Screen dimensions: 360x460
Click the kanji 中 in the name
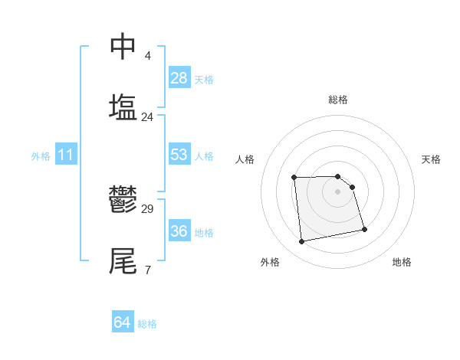coord(123,47)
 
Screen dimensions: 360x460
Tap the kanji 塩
coord(123,106)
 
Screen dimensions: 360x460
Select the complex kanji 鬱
coord(123,200)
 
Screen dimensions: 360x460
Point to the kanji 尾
coord(123,260)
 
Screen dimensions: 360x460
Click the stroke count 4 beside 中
coord(148,56)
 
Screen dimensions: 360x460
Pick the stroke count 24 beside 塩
coord(148,117)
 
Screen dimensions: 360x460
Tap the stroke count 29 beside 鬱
coord(148,209)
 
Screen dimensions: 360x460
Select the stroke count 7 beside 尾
coord(148,270)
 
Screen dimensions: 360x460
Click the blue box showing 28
coord(179,78)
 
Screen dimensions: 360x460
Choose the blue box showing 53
coord(179,155)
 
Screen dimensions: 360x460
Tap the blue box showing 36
coord(179,231)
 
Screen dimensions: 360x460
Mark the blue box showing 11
coord(66,155)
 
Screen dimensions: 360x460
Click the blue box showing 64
coord(122,322)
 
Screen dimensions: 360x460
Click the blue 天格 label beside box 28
coord(204,80)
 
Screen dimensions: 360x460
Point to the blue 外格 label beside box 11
coord(41,156)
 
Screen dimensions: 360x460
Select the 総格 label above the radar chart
coord(338,100)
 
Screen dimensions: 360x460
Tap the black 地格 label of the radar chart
coord(402,262)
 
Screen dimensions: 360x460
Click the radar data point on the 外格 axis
coord(302,242)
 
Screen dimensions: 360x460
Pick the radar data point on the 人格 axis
coord(294,178)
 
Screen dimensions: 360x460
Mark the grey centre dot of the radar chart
coord(338,191)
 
